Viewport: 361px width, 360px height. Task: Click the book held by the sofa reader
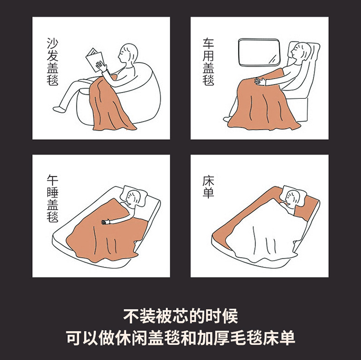[x=95, y=59]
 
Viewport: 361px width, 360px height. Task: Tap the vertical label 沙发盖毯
[x=52, y=62]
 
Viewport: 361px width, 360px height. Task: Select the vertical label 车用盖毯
[x=208, y=62]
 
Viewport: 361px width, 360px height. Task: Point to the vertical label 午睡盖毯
[x=52, y=199]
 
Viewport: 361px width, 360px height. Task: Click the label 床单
[x=208, y=187]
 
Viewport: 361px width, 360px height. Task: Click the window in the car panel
[x=259, y=53]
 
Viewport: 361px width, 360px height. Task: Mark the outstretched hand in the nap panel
[x=106, y=222]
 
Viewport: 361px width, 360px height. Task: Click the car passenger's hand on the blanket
[x=259, y=81]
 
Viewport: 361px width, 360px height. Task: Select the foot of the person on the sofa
[x=58, y=109]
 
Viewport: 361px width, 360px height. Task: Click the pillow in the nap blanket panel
[x=136, y=196]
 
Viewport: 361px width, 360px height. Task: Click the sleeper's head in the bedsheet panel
[x=292, y=198]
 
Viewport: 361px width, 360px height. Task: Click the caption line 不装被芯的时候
[x=180, y=316]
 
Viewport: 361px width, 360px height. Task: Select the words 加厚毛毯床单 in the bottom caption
[x=246, y=338]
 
